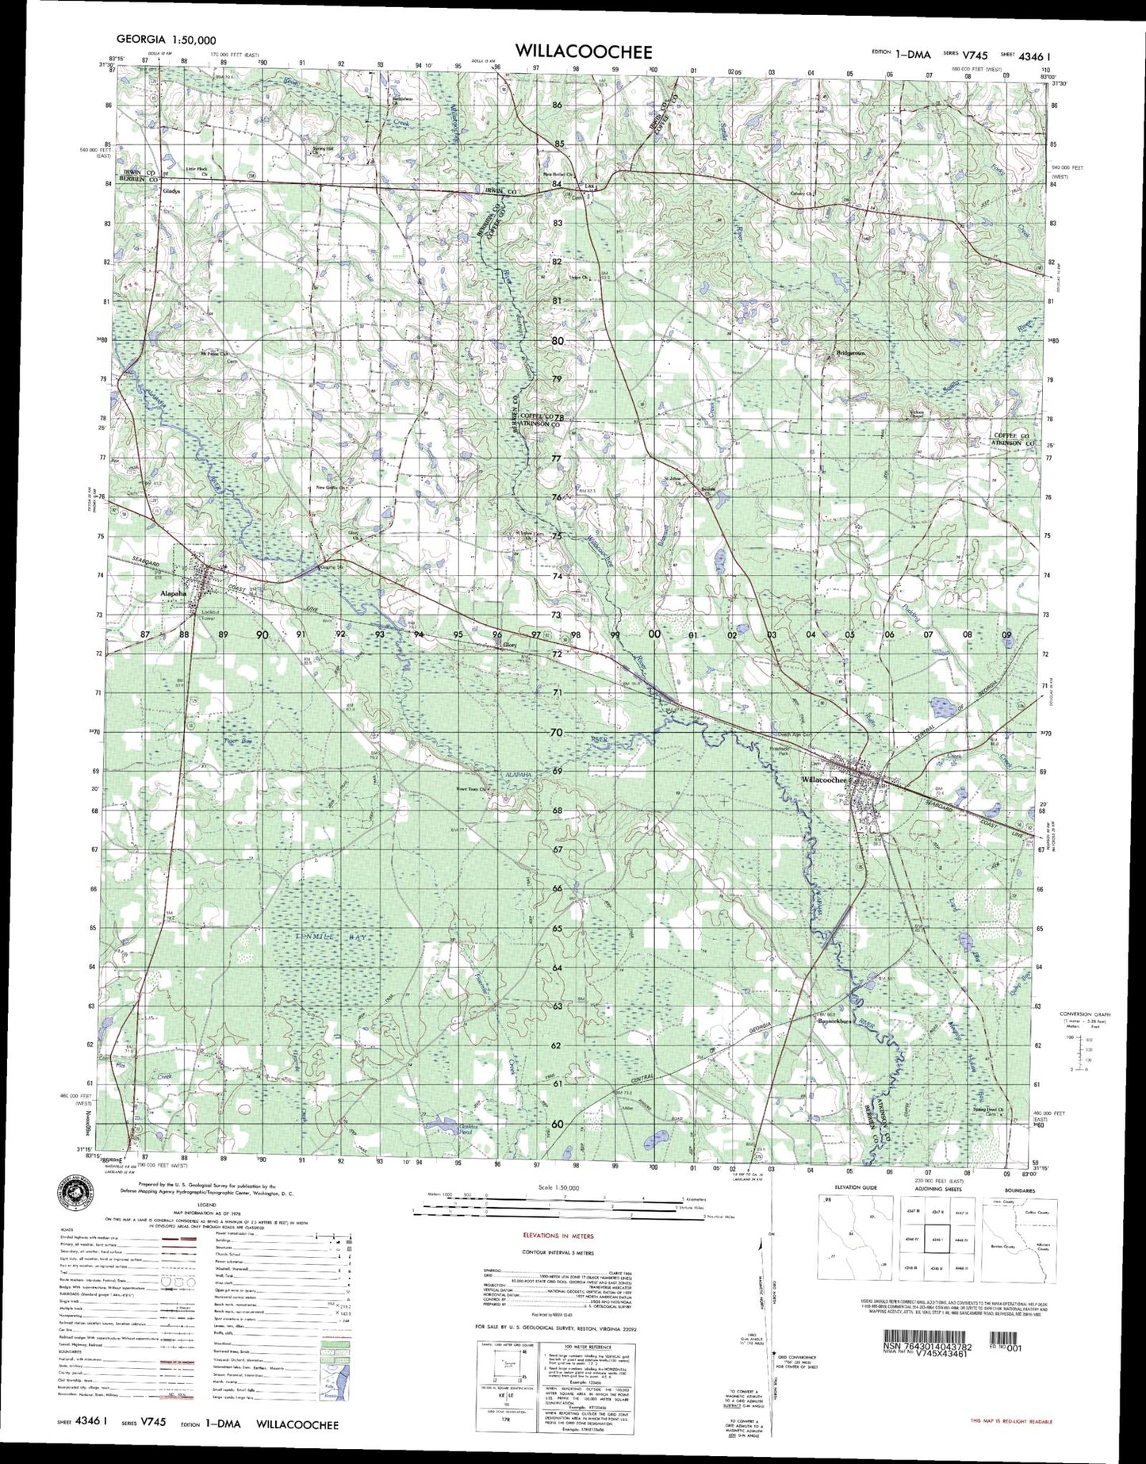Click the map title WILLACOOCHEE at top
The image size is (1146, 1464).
[584, 52]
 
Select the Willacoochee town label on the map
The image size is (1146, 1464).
[825, 780]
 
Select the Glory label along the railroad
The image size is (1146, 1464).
[511, 646]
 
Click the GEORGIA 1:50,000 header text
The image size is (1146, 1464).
[166, 39]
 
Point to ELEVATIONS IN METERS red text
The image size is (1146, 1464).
[558, 1236]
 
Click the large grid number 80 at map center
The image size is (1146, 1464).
[558, 341]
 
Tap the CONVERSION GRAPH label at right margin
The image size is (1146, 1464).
[1085, 1014]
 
